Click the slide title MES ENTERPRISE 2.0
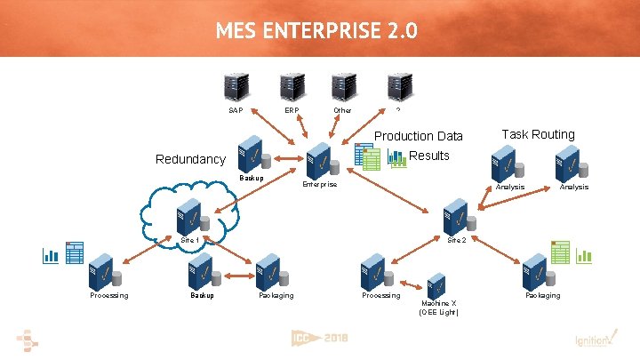pyautogui.click(x=316, y=33)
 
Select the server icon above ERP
pyautogui.click(x=291, y=86)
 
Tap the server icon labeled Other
pyautogui.click(x=342, y=86)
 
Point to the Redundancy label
pyautogui.click(x=190, y=159)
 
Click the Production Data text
pyautogui.click(x=419, y=136)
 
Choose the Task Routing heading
pyautogui.click(x=538, y=134)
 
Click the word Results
pyautogui.click(x=430, y=156)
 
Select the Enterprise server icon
pyautogui.click(x=319, y=164)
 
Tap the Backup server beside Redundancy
pyautogui.click(x=251, y=155)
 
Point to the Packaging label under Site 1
pyautogui.click(x=276, y=295)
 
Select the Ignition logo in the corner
pyautogui.click(x=589, y=339)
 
